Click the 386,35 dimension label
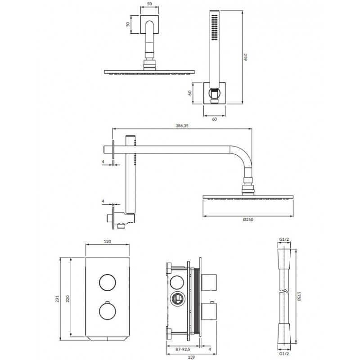[182, 126]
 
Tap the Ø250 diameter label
[248, 220]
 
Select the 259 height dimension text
[245, 57]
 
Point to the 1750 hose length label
[298, 296]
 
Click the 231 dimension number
[58, 299]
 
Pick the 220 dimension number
[68, 299]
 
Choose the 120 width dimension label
[108, 242]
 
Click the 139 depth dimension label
[191, 357]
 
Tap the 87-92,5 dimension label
[183, 350]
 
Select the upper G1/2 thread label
[284, 239]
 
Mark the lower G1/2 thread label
[284, 354]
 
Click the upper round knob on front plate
[108, 283]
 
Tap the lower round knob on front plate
[108, 311]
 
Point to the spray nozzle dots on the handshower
[215, 27]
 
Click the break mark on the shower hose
[284, 292]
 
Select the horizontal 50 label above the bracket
[149, 4]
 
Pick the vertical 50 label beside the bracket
[128, 24]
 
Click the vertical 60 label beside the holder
[189, 93]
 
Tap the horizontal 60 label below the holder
[214, 119]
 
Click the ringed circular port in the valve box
[176, 299]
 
